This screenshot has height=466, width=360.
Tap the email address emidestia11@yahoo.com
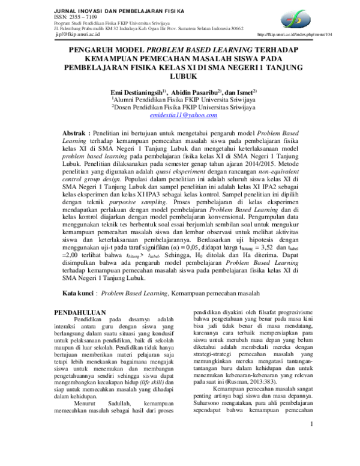(180, 113)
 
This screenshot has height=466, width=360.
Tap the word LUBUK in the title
(180, 77)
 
